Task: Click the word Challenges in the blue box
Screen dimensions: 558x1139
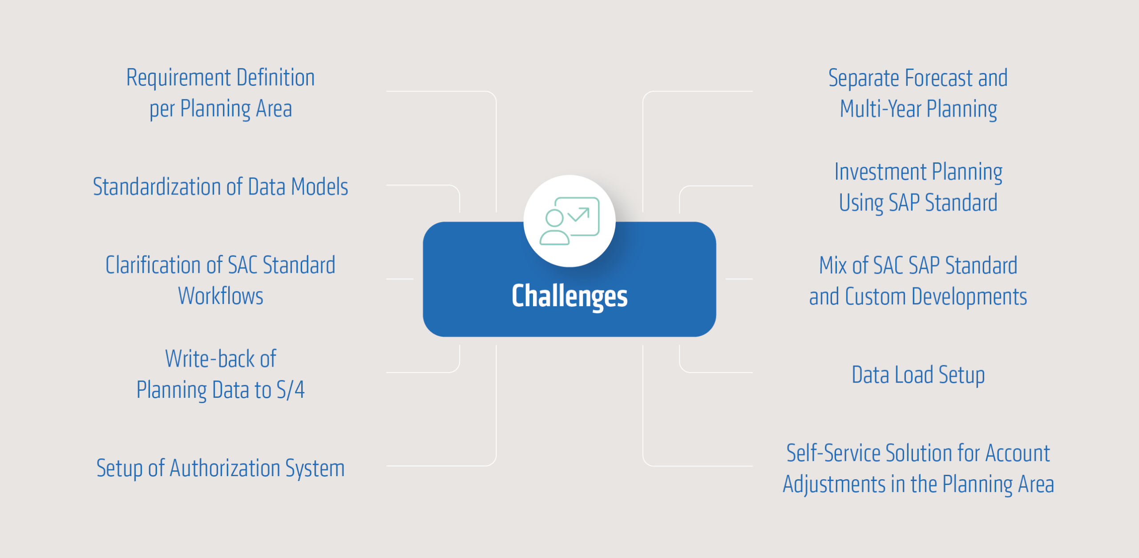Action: (569, 296)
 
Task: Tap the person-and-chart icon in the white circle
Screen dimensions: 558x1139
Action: (569, 221)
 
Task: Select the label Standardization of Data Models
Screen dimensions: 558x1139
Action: (220, 187)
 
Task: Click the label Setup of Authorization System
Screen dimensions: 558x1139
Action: (220, 468)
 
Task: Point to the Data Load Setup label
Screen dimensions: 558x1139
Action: (918, 375)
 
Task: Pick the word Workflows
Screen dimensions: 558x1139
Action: (221, 296)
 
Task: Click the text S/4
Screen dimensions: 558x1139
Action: (291, 390)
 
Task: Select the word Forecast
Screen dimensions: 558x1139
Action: (939, 78)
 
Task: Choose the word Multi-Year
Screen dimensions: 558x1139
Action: (881, 109)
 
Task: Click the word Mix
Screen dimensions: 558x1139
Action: (833, 266)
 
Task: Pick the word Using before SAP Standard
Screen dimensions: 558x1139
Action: (861, 203)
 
